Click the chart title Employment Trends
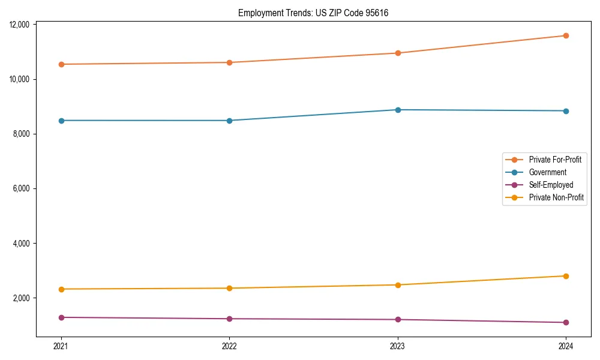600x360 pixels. (x=313, y=13)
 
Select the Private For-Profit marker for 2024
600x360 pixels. (x=566, y=35)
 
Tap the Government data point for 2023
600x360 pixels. (x=398, y=110)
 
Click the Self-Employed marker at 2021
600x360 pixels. (x=61, y=317)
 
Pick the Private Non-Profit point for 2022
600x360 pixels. (x=229, y=288)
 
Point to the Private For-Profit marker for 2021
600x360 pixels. (x=61, y=64)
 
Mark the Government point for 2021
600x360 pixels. (x=61, y=121)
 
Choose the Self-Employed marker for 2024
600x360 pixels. (x=566, y=323)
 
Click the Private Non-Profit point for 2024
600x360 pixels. (x=566, y=276)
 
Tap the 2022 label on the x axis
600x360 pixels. (x=229, y=346)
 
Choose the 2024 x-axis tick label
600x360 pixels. (x=566, y=346)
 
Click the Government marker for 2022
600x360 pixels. (x=229, y=121)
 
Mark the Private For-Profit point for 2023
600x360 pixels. (x=398, y=53)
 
